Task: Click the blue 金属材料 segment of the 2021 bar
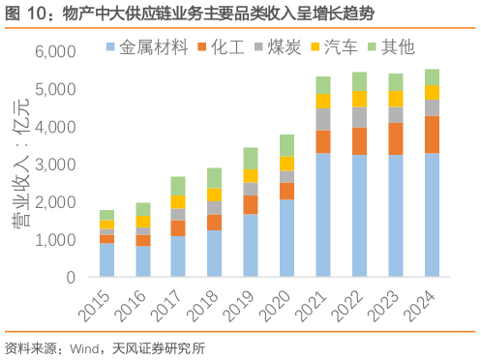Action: click(x=323, y=215)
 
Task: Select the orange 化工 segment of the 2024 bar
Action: click(x=432, y=135)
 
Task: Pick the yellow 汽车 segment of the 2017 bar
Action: click(x=178, y=201)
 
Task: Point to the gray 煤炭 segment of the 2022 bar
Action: click(x=359, y=117)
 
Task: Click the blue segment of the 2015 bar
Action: click(x=106, y=259)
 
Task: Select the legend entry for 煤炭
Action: click(x=276, y=45)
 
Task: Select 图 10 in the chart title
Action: click(x=21, y=14)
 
